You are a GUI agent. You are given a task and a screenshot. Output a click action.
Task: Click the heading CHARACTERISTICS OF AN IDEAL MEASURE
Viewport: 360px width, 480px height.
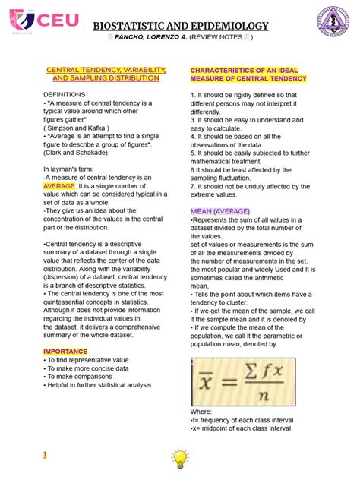coord(248,74)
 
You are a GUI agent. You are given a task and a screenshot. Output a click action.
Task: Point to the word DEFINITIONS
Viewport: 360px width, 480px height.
coord(65,93)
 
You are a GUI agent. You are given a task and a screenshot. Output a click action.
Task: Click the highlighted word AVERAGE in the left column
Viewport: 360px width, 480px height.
coord(59,185)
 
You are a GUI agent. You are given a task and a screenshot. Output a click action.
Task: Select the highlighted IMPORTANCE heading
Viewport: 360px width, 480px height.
coord(65,352)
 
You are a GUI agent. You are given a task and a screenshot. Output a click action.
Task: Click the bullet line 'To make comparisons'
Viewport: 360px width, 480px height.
coord(81,376)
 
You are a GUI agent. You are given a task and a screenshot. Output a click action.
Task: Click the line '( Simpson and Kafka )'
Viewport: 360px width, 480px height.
coord(77,128)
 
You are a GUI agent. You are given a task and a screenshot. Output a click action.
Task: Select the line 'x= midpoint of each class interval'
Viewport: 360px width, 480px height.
coord(240,428)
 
